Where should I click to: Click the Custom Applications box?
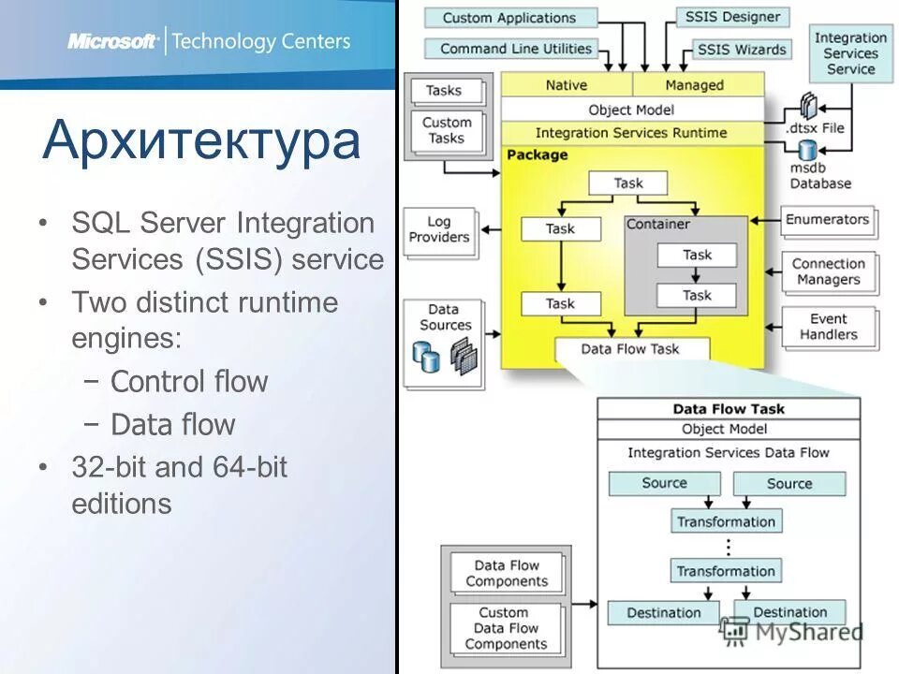(x=509, y=18)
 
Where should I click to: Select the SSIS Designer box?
(x=732, y=17)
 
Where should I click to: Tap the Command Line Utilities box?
(x=515, y=49)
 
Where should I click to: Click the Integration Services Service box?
(x=850, y=53)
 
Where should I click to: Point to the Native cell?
(x=566, y=85)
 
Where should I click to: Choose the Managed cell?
(x=695, y=85)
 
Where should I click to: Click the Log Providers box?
(x=438, y=230)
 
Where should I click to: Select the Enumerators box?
(x=827, y=220)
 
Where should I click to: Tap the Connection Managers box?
(x=828, y=271)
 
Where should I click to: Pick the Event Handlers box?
(x=828, y=327)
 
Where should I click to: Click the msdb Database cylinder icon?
(x=806, y=151)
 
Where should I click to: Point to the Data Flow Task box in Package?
(x=630, y=349)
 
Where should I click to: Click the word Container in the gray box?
(x=657, y=225)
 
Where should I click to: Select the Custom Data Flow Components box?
(x=506, y=628)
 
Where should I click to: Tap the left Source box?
(x=664, y=483)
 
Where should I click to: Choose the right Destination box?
(x=790, y=613)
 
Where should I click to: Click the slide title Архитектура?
(x=201, y=140)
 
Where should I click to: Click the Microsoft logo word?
(x=111, y=41)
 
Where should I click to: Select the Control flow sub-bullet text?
(x=189, y=382)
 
